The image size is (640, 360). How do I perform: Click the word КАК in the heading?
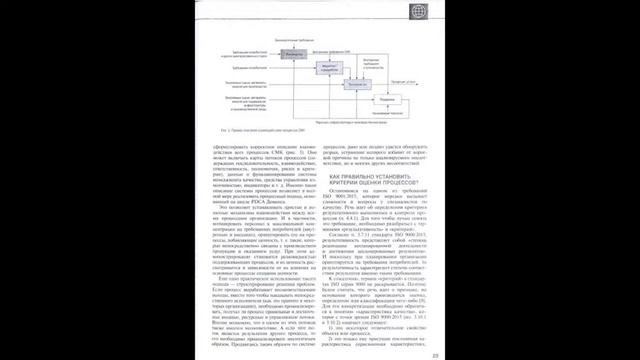(335, 174)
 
